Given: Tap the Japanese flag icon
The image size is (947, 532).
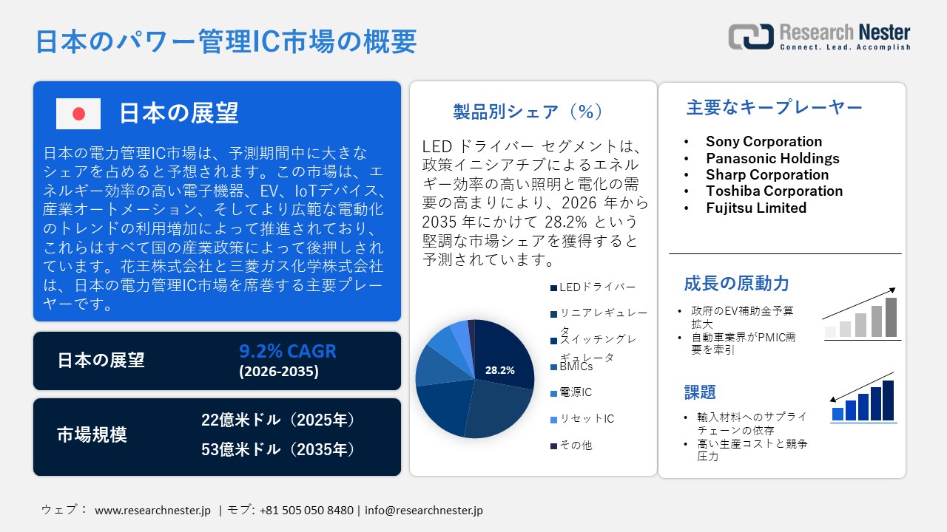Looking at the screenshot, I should click(x=78, y=114).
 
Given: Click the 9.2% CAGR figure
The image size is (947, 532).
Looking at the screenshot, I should click(x=287, y=351).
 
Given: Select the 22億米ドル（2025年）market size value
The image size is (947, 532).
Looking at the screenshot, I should click(x=279, y=420).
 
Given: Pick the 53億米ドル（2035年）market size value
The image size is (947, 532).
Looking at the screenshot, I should click(x=279, y=449).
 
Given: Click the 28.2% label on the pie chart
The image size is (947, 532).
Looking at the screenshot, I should click(x=500, y=370).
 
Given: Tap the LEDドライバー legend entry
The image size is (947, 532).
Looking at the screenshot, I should click(x=597, y=287).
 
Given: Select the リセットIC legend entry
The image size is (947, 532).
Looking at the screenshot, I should click(x=587, y=419).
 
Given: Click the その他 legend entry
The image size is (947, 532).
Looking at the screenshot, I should click(x=576, y=446).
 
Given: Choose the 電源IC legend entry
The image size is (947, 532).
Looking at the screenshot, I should click(x=576, y=392).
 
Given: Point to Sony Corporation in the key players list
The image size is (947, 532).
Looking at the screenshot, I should click(x=764, y=141).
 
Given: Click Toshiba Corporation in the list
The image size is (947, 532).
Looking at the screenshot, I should click(x=774, y=191).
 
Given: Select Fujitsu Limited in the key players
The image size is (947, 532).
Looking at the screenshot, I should click(x=756, y=208).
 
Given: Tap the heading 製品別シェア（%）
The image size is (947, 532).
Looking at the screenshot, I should click(x=528, y=112).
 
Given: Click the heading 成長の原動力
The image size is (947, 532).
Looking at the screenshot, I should click(x=736, y=283).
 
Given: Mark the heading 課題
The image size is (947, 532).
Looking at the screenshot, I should click(x=700, y=392).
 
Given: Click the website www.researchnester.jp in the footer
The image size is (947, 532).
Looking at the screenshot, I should click(x=153, y=510).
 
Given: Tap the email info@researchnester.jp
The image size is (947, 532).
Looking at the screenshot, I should click(x=423, y=510).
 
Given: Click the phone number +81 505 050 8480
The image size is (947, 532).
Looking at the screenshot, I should click(x=306, y=510).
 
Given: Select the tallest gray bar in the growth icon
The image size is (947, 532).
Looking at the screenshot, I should click(x=891, y=317).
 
